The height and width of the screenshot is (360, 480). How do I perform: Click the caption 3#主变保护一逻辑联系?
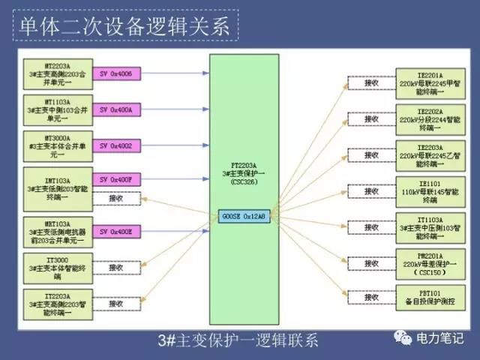(238, 340)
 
